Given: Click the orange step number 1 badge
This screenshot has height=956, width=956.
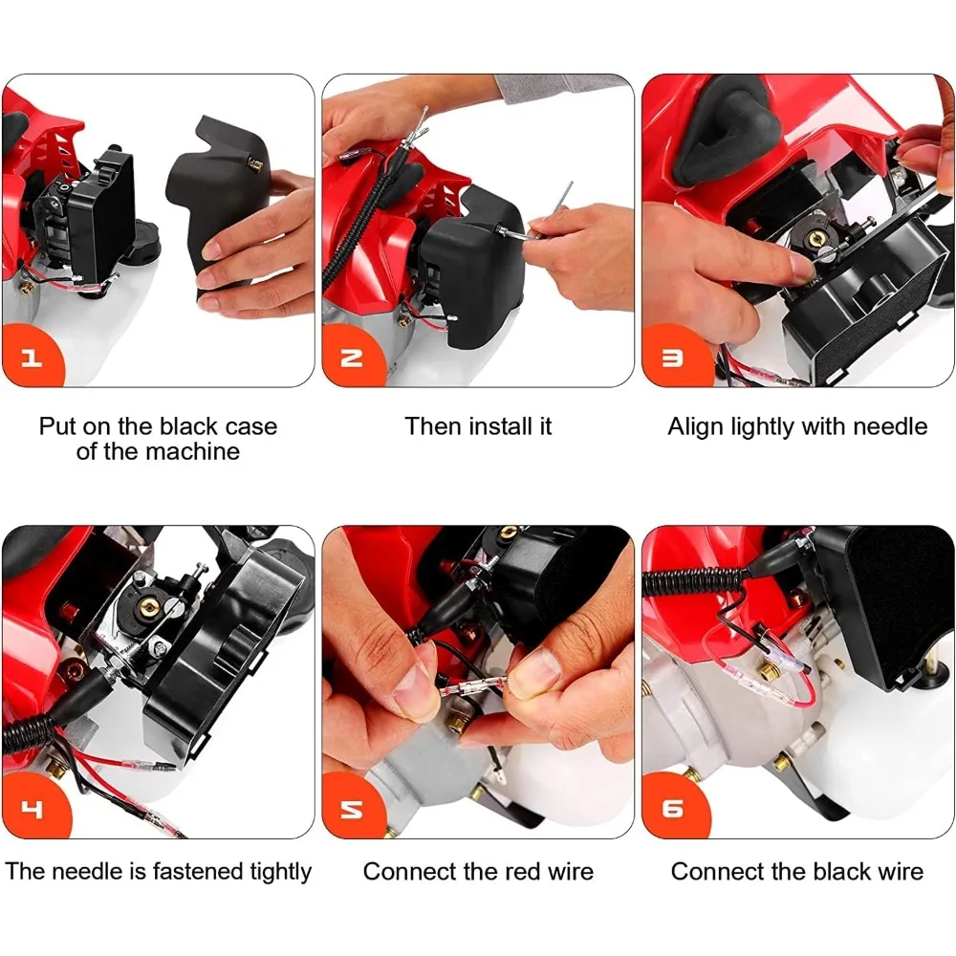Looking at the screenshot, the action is click(32, 358).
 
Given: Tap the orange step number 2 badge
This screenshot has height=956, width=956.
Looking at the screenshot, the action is click(352, 358).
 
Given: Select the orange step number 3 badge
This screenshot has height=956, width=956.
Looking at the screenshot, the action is click(673, 358).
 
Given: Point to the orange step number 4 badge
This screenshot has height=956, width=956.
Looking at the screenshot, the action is click(33, 808).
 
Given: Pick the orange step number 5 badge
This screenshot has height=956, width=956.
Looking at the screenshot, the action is click(353, 808).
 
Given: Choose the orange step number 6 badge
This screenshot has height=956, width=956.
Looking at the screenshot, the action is click(673, 808).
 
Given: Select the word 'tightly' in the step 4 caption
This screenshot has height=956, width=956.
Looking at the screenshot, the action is click(275, 872).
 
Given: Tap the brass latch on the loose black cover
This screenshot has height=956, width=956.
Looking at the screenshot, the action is click(256, 163).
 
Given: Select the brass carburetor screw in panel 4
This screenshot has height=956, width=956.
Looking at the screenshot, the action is click(147, 607).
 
